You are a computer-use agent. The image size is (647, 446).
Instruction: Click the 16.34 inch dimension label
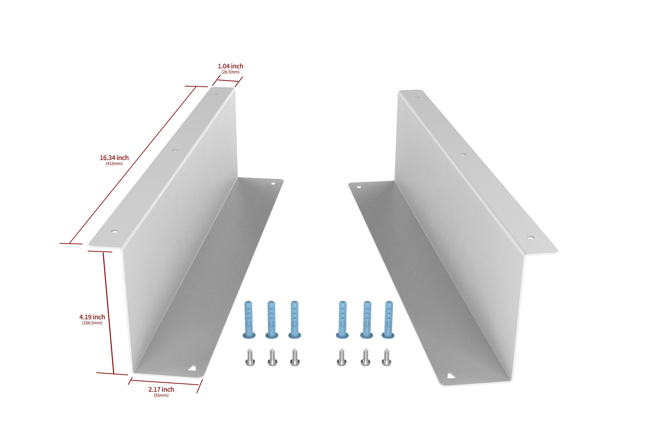(114, 158)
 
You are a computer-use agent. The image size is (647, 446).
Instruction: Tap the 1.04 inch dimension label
(230, 66)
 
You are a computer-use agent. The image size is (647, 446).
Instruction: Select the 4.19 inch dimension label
(92, 317)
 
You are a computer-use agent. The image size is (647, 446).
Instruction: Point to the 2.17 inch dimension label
(161, 389)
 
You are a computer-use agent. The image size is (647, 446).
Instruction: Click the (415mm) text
(114, 164)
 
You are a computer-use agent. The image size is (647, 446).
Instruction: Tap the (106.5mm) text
(92, 323)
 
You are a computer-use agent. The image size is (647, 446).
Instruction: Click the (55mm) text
(161, 396)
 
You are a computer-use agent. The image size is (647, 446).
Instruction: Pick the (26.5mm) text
(230, 72)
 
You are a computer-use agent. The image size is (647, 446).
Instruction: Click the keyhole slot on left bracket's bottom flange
(192, 368)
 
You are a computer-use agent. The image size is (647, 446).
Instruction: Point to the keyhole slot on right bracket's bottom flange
(451, 376)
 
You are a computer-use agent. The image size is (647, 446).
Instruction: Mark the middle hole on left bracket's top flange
(175, 150)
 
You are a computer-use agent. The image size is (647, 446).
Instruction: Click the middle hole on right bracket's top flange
(463, 154)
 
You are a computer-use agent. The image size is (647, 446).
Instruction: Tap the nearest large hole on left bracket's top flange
(114, 231)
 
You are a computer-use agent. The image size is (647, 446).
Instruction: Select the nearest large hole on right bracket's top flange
(531, 237)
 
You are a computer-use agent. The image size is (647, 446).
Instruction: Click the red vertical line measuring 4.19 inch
(109, 313)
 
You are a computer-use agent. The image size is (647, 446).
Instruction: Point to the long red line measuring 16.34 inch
(133, 165)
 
